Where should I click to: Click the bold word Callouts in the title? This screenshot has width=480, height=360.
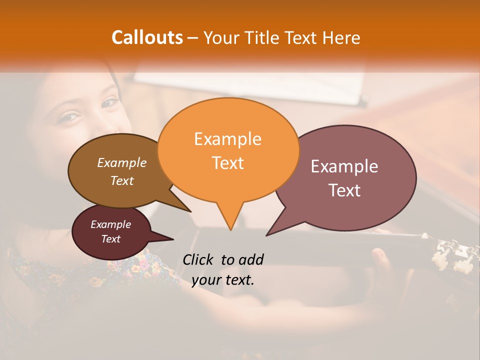tap(147, 37)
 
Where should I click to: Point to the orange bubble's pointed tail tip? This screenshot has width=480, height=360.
tap(230, 230)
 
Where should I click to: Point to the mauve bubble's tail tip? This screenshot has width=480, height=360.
tap(266, 235)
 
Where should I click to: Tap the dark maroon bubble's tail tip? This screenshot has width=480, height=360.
tap(173, 239)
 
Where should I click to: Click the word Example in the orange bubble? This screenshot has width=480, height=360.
tap(227, 139)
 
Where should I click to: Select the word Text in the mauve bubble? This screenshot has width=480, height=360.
tap(345, 190)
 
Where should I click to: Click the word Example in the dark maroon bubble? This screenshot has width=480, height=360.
tap(111, 224)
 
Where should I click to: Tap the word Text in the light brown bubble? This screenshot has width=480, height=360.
tap(122, 180)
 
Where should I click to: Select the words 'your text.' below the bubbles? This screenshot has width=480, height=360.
tap(223, 280)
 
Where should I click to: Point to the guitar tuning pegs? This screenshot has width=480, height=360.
tap(452, 252)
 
